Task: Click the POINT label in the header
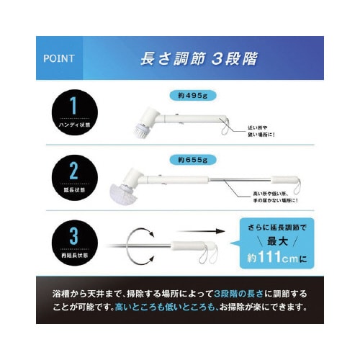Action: pos(62,58)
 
